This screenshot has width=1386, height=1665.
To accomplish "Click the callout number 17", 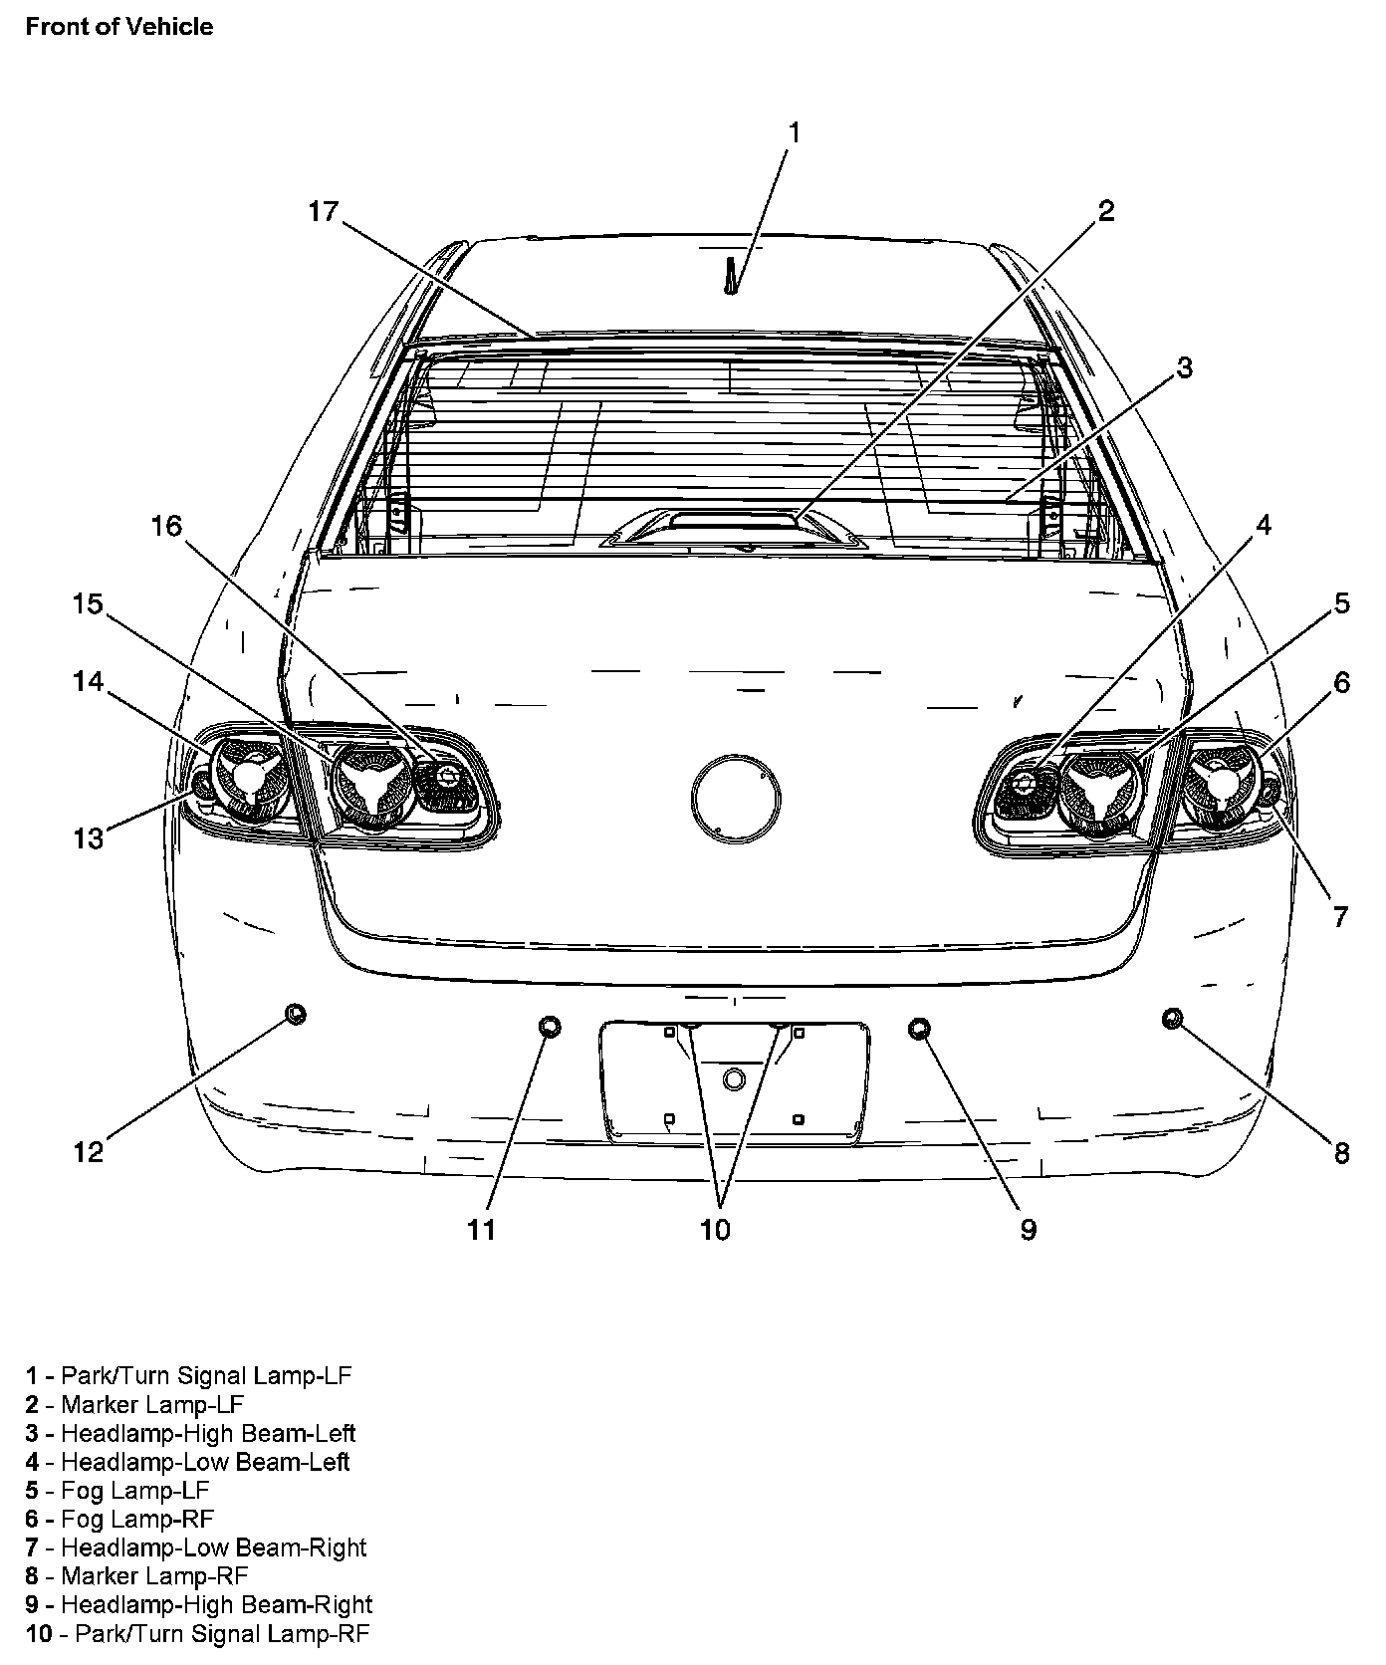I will tap(324, 211).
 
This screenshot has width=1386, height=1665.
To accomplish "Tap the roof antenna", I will tap(732, 278).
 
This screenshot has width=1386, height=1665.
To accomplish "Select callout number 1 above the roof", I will tap(794, 132).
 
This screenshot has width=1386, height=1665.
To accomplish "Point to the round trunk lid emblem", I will tap(736, 798).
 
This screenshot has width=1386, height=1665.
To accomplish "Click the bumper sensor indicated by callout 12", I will tap(295, 1014).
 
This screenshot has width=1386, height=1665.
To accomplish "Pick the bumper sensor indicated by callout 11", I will tap(550, 1027).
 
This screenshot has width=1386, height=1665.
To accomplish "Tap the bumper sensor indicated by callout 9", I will tap(920, 1028).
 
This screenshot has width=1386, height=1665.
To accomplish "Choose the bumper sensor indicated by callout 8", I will tap(1172, 1017).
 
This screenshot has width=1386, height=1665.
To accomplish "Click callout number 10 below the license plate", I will tap(715, 1230).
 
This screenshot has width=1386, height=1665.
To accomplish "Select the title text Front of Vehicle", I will tap(119, 27).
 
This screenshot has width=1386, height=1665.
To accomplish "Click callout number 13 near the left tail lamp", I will tap(89, 838).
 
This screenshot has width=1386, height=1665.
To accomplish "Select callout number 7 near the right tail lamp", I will tap(1340, 916).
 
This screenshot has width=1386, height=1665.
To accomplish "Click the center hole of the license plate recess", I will tap(734, 1078).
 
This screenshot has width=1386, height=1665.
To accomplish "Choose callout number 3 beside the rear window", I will tap(1183, 367).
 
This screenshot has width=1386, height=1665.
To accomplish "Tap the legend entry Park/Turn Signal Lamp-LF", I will tap(189, 1375).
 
